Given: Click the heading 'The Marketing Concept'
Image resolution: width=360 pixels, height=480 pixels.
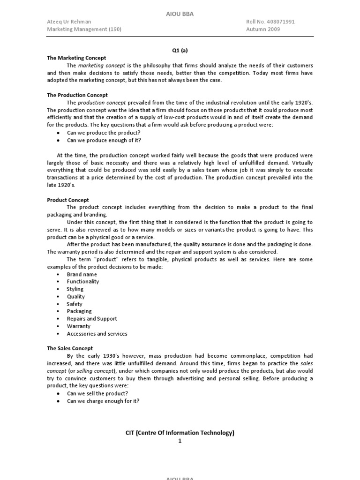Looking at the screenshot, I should [x=76, y=58].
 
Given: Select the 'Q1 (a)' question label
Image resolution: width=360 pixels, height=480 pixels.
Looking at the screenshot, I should [x=180, y=50].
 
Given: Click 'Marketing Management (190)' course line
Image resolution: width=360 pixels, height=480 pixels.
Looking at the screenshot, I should [x=84, y=29].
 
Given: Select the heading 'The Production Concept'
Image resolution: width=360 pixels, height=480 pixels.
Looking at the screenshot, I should [x=77, y=95].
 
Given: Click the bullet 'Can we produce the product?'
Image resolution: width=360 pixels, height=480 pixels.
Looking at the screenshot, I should [x=104, y=133].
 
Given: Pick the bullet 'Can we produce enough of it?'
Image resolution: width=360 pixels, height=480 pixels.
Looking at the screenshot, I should [x=104, y=140].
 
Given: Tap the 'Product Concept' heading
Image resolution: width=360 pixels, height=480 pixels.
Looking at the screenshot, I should [x=68, y=200].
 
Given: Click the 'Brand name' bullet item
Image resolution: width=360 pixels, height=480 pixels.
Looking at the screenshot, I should [x=82, y=274].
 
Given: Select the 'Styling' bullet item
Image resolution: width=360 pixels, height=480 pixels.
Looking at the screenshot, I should [x=75, y=289].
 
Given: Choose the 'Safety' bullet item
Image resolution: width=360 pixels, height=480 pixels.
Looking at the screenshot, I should [x=75, y=304].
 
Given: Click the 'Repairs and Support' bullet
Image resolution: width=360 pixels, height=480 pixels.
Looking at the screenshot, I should [x=92, y=319].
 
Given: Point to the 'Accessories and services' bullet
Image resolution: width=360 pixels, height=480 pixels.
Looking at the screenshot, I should [x=97, y=334].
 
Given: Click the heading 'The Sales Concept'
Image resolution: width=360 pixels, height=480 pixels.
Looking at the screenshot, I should [x=70, y=348].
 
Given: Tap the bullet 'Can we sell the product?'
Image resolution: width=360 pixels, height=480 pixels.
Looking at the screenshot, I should [x=97, y=393].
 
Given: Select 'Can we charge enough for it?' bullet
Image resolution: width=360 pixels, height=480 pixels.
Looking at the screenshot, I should [x=103, y=401].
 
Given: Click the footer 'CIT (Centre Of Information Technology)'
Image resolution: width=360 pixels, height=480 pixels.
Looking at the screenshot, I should [x=180, y=433].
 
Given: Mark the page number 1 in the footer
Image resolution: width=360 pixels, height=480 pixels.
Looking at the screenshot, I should [x=180, y=441].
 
